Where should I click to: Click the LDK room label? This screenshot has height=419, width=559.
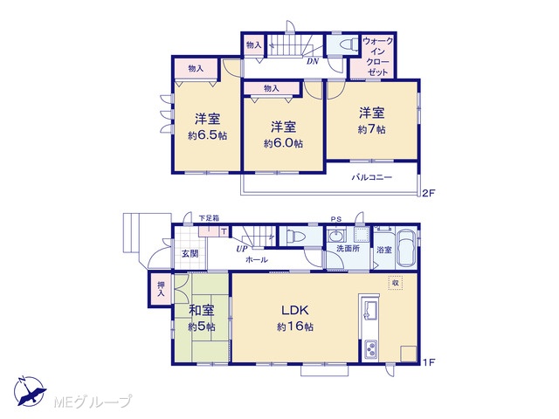tap(295, 311)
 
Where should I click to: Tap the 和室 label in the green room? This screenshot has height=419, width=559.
tap(202, 311)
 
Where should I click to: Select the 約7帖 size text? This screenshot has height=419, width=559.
tap(371, 129)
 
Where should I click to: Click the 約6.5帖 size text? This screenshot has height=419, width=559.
tap(208, 135)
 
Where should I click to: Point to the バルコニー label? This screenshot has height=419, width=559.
tap(372, 177)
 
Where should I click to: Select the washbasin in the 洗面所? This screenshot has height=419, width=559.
tap(336, 236)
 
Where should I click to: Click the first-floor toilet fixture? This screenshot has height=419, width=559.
tap(294, 237)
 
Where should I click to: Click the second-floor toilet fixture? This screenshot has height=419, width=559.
tap(349, 45)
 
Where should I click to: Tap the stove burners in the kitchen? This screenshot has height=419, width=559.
tap(371, 349)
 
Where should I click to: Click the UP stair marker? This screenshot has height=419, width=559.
tap(242, 249)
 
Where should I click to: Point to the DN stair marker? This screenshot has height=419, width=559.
tap(313, 61)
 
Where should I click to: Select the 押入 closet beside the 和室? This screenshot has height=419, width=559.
tap(161, 289)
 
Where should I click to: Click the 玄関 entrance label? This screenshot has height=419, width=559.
tap(190, 254)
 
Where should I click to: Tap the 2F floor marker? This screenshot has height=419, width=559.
tap(429, 194)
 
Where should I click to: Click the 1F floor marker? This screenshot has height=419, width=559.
tap(429, 363)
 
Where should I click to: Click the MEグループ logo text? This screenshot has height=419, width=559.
tap(93, 402)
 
